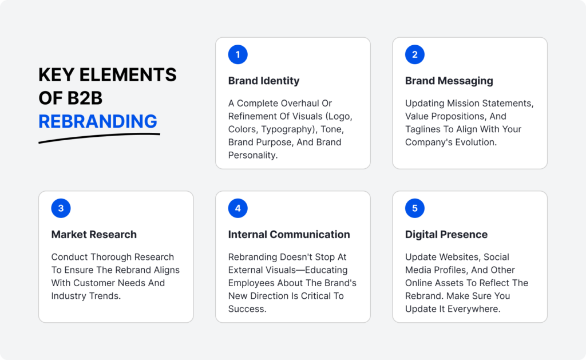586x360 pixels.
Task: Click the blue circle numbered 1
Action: click(237, 55)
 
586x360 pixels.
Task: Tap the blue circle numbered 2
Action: click(415, 55)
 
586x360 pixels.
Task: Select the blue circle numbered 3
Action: click(61, 208)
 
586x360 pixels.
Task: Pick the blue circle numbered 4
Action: click(237, 208)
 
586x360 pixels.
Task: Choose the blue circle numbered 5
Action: click(415, 208)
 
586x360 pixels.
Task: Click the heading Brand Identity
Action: click(264, 81)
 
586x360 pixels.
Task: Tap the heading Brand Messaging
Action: click(449, 81)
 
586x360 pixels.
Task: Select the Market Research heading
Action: click(94, 234)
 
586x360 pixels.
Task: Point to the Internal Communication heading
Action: click(289, 234)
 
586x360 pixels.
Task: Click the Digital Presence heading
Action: click(446, 234)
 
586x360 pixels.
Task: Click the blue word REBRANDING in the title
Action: click(98, 121)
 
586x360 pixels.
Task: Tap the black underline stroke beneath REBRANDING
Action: click(99, 137)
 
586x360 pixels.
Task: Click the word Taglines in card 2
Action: click(424, 129)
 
